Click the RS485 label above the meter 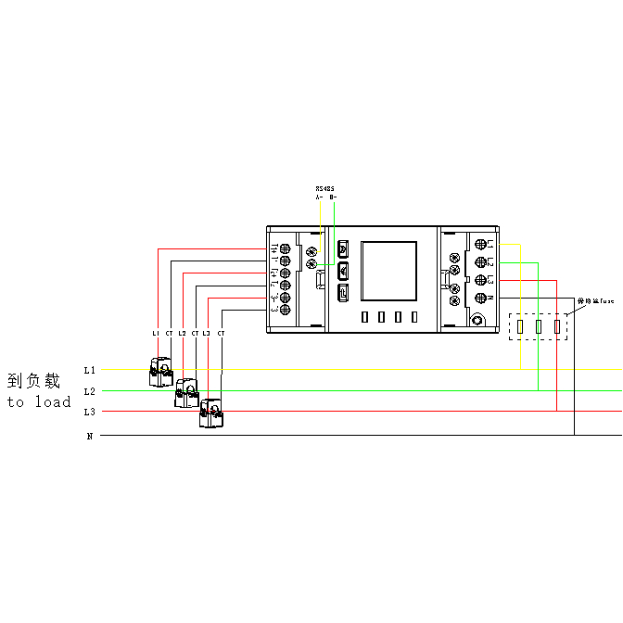pyautogui.click(x=324, y=188)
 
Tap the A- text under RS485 pyautogui.click(x=319, y=197)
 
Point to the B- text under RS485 pyautogui.click(x=333, y=197)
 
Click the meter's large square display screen pyautogui.click(x=388, y=271)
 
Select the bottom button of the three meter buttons pyautogui.click(x=343, y=291)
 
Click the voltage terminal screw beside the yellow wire pyautogui.click(x=481, y=244)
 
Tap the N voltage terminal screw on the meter pyautogui.click(x=481, y=298)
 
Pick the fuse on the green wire pyautogui.click(x=539, y=326)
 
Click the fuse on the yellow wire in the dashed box pyautogui.click(x=521, y=326)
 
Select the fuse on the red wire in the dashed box pyautogui.click(x=556, y=326)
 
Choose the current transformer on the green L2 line pyautogui.click(x=187, y=393)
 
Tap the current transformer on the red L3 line pyautogui.click(x=212, y=413)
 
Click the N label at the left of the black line pyautogui.click(x=90, y=435)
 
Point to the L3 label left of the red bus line pyautogui.click(x=89, y=411)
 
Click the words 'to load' pyautogui.click(x=39, y=402)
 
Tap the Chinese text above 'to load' pyautogui.click(x=34, y=380)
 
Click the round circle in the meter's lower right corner pyautogui.click(x=477, y=321)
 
